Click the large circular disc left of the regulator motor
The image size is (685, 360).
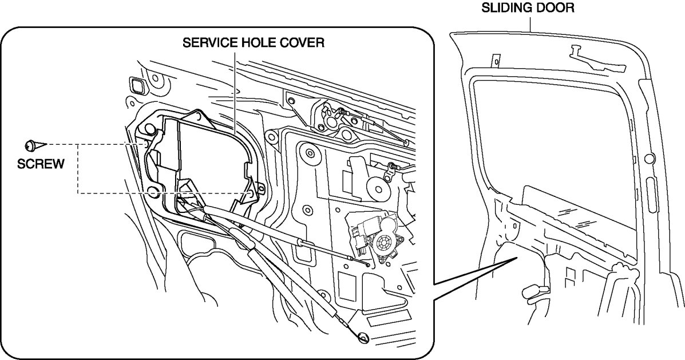pyautogui.click(x=377, y=187)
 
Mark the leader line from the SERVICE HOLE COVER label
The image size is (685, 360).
pyautogui.click(x=235, y=92)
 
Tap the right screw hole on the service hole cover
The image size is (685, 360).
pyautogui.click(x=252, y=193)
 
